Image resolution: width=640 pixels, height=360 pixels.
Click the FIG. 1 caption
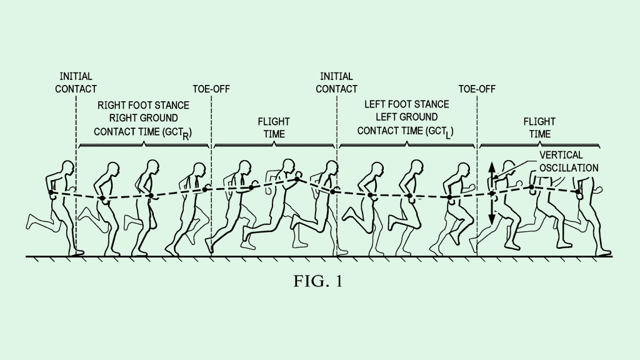(318, 282)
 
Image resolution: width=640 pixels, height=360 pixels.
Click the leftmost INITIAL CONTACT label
(76, 82)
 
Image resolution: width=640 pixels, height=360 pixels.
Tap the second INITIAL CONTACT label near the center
(336, 82)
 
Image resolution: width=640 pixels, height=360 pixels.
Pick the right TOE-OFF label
(477, 89)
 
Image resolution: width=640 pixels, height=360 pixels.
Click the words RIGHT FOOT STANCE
(143, 104)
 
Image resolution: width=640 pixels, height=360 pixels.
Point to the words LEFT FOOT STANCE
(407, 104)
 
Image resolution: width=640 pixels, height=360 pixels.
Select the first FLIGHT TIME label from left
(274, 127)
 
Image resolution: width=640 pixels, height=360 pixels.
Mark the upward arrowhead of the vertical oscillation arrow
(492, 167)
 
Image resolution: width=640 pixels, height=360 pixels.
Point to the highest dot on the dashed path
(297, 179)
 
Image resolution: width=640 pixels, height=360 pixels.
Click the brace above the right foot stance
(144, 144)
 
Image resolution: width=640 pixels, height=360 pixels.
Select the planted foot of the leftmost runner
(76, 252)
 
